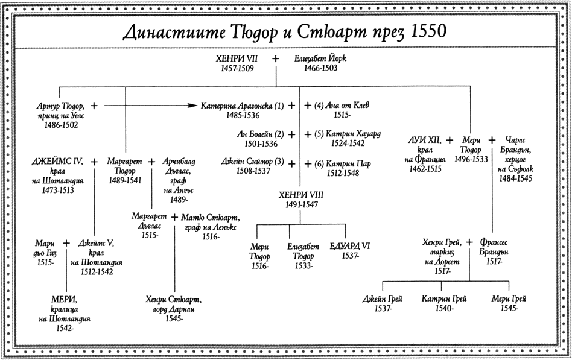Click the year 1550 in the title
[426, 32]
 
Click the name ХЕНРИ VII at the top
[237, 58]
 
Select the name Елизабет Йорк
[320, 58]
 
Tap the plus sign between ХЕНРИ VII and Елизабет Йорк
[276, 58]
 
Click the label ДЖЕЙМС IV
[57, 161]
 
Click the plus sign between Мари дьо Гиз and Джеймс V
[66, 242]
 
